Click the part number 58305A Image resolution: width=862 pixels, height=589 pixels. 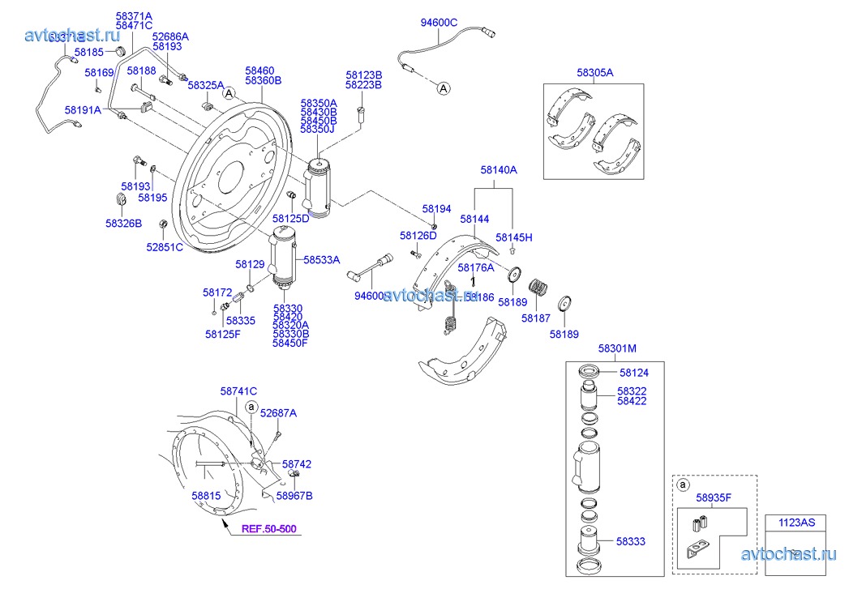tap(595, 72)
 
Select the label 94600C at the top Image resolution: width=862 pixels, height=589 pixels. tap(439, 23)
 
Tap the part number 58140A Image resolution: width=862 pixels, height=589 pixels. tap(498, 170)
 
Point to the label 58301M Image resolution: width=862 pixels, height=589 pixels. tap(617, 348)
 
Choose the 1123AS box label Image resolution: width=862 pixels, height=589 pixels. tap(798, 523)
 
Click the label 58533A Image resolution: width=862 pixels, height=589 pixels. tap(321, 260)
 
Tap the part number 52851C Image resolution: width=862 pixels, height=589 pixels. tap(165, 247)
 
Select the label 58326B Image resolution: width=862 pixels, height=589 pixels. tap(123, 222)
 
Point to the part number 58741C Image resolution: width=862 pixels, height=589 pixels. tap(238, 391)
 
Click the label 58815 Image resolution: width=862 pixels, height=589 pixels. tap(206, 495)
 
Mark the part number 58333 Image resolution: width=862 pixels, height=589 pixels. tap(630, 540)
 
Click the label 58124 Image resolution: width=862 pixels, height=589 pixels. tap(634, 373)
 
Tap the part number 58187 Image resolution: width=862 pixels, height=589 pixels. tap(536, 318)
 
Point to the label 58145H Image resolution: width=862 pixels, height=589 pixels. tap(514, 237)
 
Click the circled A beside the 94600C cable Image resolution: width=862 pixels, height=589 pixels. tap(444, 87)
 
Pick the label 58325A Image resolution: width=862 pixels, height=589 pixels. tap(206, 85)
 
